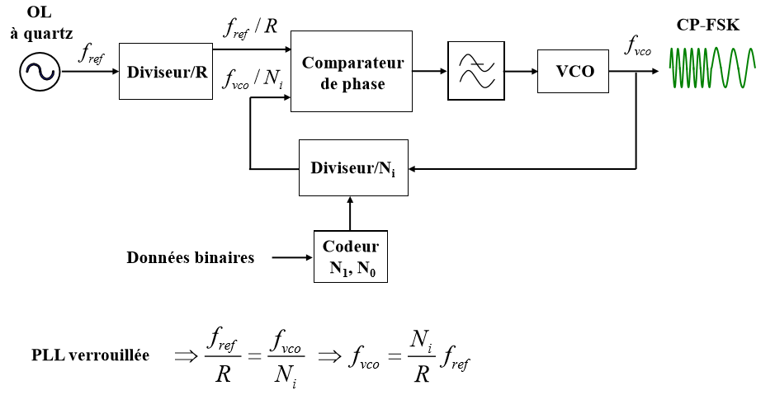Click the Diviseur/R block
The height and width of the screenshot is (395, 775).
[x=166, y=72]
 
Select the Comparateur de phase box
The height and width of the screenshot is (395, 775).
[x=352, y=72]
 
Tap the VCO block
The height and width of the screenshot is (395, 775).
[x=575, y=72]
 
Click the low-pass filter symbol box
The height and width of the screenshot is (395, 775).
[x=475, y=72]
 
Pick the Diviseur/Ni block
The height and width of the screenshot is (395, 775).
[x=353, y=168]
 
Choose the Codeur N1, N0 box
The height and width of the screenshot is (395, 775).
[x=351, y=256]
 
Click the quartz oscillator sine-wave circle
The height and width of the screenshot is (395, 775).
[x=38, y=72]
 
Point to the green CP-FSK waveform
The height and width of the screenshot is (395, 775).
[x=711, y=68]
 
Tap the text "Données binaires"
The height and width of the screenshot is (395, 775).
[x=190, y=257]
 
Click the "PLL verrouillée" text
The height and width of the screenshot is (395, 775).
[x=90, y=355]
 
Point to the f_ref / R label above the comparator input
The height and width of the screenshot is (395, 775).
[x=250, y=27]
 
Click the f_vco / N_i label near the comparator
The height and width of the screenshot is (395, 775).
[x=253, y=78]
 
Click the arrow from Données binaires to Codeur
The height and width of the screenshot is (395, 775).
[x=291, y=258]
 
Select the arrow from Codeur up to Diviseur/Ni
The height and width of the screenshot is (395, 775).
[x=351, y=214]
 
